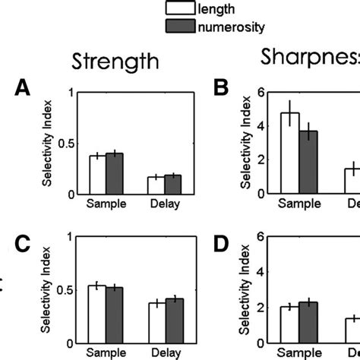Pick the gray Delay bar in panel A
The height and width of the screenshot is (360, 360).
pyautogui.click(x=173, y=185)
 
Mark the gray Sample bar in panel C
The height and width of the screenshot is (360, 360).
pyautogui.click(x=114, y=314)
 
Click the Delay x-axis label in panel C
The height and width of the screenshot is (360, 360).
pyautogui.click(x=165, y=352)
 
